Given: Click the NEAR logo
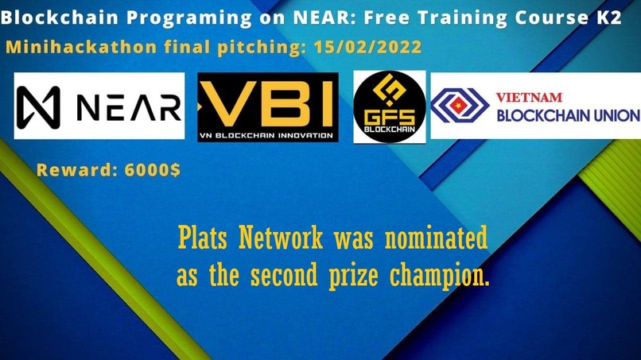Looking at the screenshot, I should pyautogui.click(x=99, y=106).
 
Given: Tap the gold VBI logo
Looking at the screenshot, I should pyautogui.click(x=268, y=106).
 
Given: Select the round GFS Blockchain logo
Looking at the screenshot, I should pyautogui.click(x=390, y=106).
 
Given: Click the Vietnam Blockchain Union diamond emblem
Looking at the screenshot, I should pyautogui.click(x=460, y=106).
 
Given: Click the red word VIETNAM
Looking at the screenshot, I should pyautogui.click(x=529, y=98).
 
